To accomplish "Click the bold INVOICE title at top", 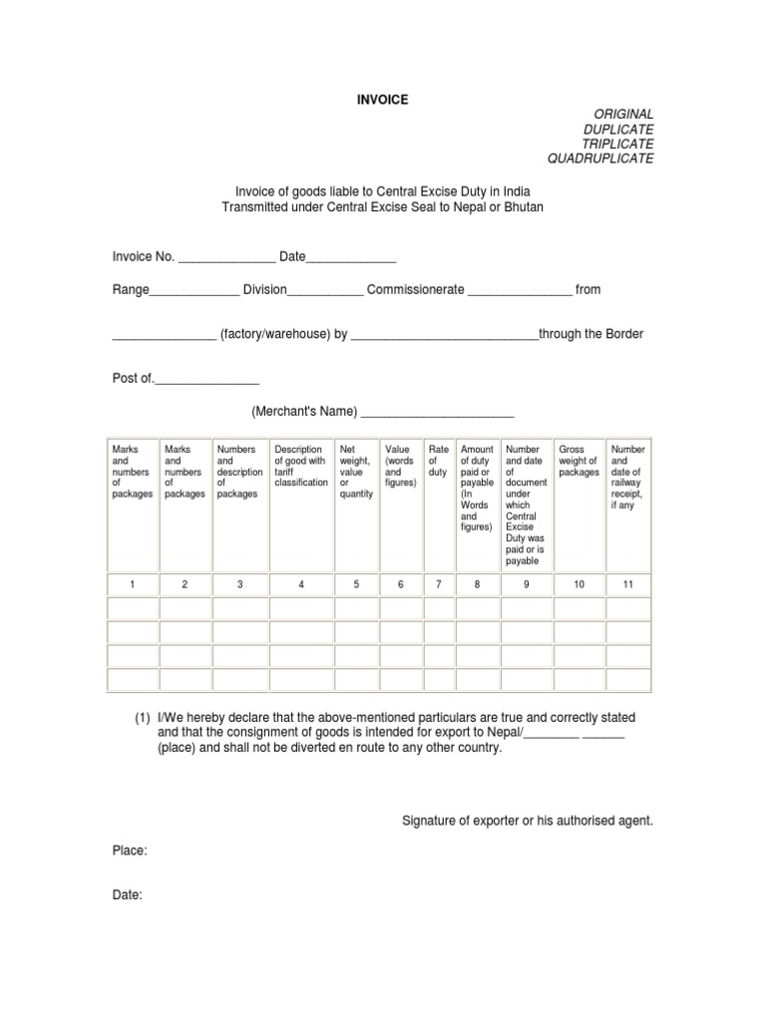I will (383, 100).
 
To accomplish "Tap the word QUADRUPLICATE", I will (600, 160).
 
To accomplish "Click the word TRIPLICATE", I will (618, 145).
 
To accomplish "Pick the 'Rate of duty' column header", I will (438, 462).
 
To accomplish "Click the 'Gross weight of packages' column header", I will (578, 461).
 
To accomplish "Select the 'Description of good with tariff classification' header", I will (300, 466).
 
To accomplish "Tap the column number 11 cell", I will (628, 584).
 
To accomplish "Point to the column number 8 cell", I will (477, 584).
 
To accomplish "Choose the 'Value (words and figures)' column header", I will (400, 467).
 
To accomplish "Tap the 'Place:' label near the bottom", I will (130, 851).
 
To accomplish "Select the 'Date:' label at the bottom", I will (128, 895).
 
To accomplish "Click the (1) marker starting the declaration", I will (145, 718).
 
